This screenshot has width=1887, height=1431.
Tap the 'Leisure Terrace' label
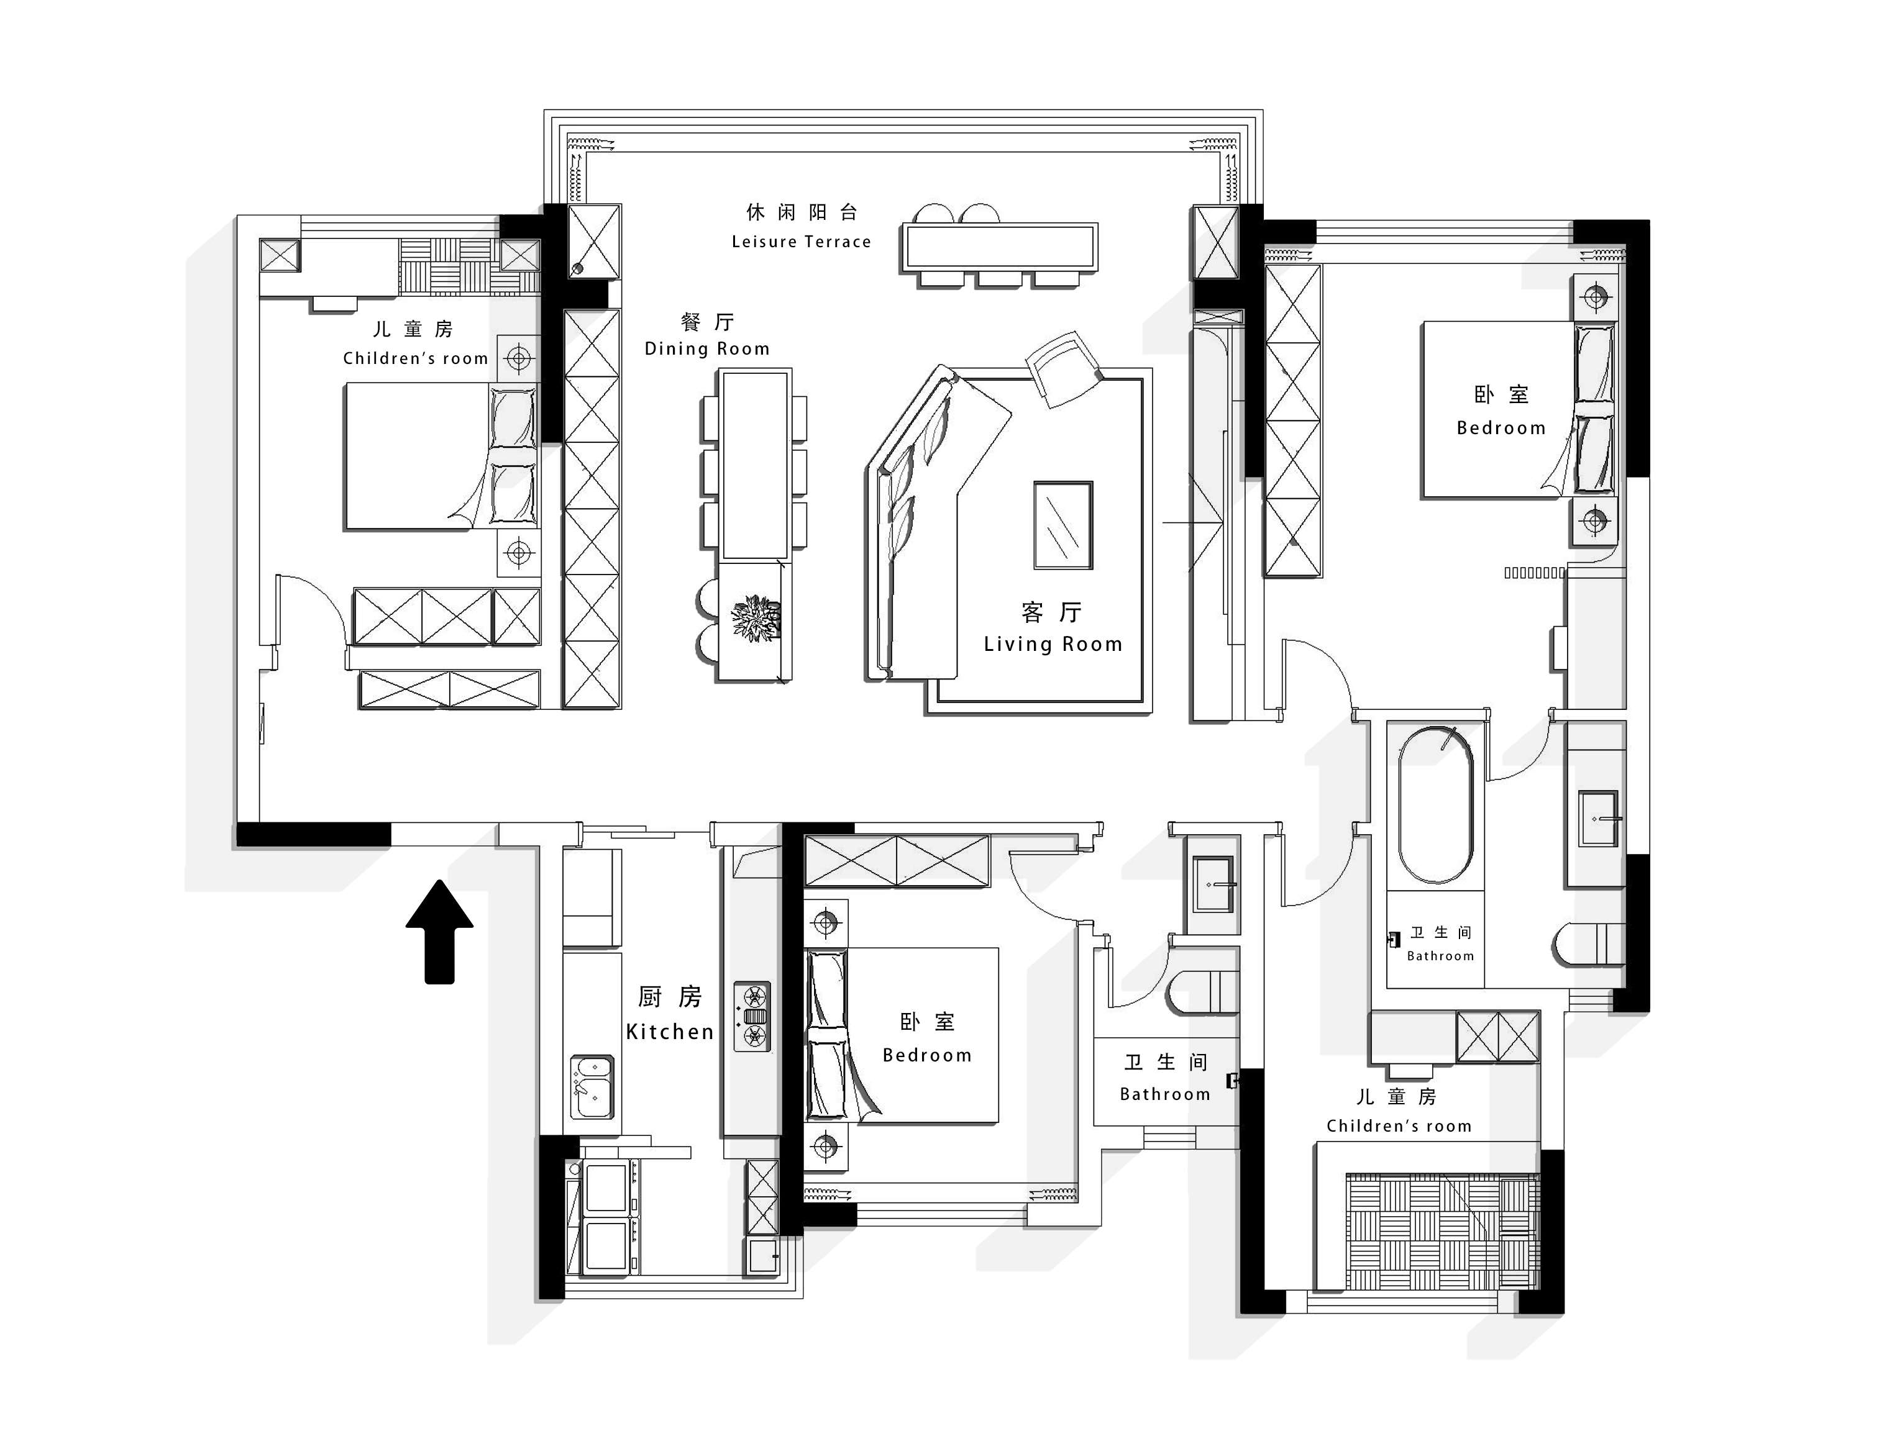coord(801,242)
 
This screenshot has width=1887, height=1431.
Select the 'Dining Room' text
coord(707,349)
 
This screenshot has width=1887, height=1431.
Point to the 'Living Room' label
coord(1053,645)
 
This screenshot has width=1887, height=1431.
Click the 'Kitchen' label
coord(670,1032)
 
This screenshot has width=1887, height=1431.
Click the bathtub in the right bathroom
coord(1436,805)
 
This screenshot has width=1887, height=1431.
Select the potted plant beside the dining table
coord(756,618)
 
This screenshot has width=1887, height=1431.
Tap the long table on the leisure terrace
coord(1000,247)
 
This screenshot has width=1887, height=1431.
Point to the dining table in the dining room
coord(755,465)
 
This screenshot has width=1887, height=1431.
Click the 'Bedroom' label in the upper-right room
coord(1501,428)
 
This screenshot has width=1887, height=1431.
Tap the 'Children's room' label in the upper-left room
coord(416,359)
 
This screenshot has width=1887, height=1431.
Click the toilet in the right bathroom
coord(1588,945)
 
